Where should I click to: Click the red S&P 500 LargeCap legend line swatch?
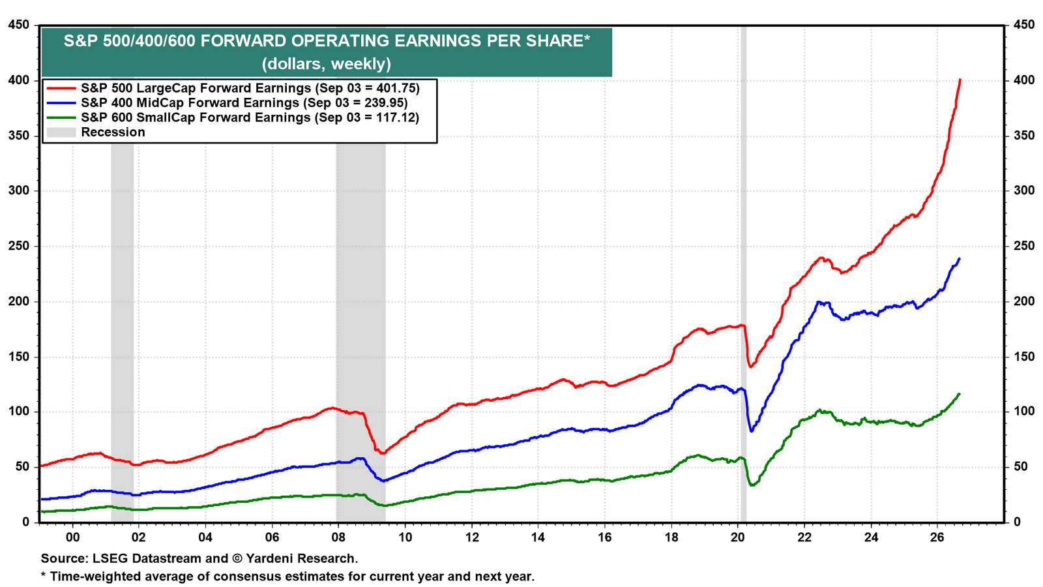pyautogui.click(x=61, y=87)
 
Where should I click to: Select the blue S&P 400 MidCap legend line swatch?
pyautogui.click(x=61, y=102)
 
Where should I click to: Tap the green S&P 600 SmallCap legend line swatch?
pyautogui.click(x=61, y=117)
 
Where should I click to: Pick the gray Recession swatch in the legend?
pyautogui.click(x=61, y=132)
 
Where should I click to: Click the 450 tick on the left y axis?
pyautogui.click(x=19, y=25)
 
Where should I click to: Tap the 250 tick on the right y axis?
pyautogui.click(x=1023, y=245)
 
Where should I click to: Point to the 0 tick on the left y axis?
pyautogui.click(x=25, y=522)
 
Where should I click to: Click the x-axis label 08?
pyautogui.click(x=338, y=537)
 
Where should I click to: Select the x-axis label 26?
pyautogui.click(x=937, y=537)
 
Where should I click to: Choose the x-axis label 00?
pyautogui.click(x=72, y=537)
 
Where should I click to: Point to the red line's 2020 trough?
pyautogui.click(x=750, y=367)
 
